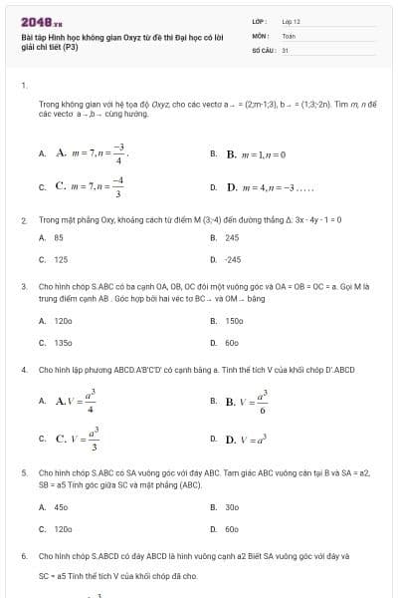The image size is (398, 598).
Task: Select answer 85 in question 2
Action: coord(59,238)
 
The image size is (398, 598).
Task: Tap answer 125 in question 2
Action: coord(61,259)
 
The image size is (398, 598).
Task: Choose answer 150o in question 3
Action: coord(234,321)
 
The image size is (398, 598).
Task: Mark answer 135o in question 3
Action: coord(63,342)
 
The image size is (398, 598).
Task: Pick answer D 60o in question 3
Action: coord(232,342)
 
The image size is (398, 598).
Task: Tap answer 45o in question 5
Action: coord(61,507)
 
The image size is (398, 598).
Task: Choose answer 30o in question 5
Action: coord(232,507)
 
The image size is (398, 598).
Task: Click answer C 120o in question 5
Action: coord(63,528)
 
